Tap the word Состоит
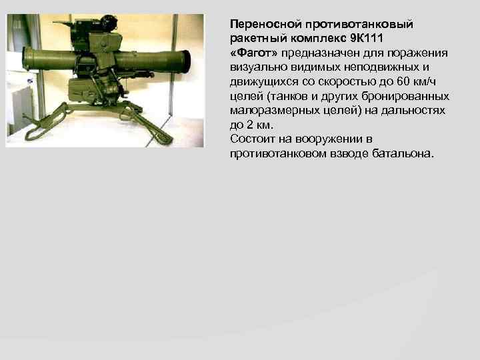[251, 139]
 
